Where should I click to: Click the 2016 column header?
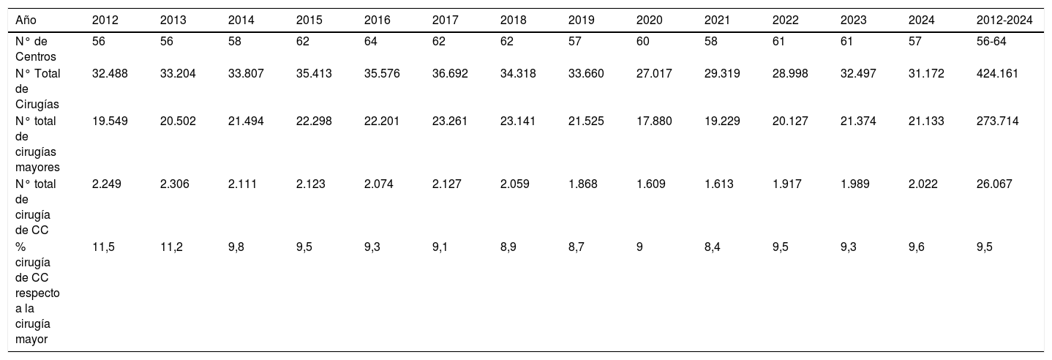point(377,20)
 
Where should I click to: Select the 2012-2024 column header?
point(1004,20)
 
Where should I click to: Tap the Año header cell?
point(26,20)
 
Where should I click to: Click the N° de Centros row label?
point(36,49)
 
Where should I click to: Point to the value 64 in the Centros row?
point(371,42)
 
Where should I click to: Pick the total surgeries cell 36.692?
point(450,73)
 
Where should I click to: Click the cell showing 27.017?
point(654,73)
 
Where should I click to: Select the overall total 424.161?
point(998,73)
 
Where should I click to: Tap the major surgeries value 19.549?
point(110,121)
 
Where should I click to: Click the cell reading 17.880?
point(654,121)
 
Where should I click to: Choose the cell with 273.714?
point(998,121)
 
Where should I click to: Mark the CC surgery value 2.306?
point(175,184)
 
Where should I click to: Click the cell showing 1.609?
point(651,184)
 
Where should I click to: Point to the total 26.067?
point(994,184)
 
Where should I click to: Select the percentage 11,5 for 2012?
point(103,247)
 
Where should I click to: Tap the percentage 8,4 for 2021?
point(712,247)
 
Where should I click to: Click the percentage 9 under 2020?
point(639,247)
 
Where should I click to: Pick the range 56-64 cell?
point(991,42)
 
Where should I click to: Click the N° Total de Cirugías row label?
point(38,89)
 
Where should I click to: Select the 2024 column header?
point(922,20)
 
